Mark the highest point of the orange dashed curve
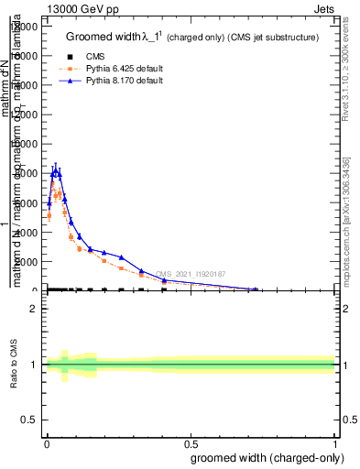[60, 193]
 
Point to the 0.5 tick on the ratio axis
[29, 420]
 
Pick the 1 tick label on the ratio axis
[34, 365]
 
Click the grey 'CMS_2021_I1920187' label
[190, 274]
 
